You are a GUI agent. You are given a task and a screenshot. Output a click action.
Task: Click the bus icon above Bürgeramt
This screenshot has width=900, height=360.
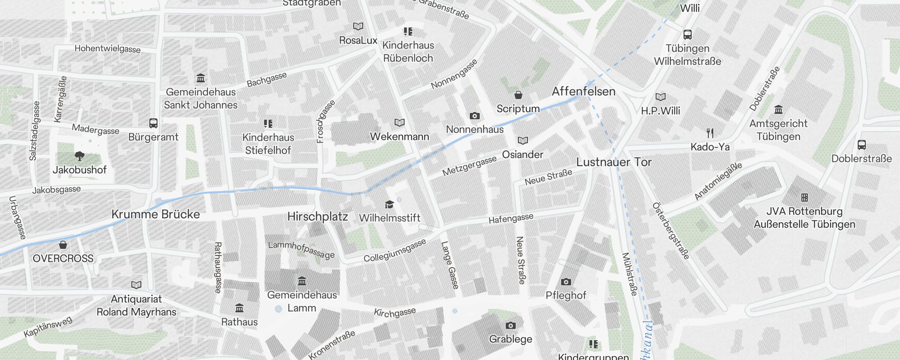point(153,123)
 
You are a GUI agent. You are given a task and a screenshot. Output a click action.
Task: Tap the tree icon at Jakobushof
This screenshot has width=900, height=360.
point(80,156)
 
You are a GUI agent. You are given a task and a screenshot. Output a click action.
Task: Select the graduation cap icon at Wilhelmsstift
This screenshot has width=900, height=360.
point(389,205)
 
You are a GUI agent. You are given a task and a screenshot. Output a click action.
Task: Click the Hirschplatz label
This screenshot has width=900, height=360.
point(318,216)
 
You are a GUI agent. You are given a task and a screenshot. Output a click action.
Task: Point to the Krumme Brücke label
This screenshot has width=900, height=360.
point(155,214)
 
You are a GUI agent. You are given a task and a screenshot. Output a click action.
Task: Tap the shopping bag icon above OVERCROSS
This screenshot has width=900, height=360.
point(63,245)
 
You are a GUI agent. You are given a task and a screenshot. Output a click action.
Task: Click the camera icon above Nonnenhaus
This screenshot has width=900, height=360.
point(474,116)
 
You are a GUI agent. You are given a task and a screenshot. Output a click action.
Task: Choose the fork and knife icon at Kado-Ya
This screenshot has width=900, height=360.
point(710,133)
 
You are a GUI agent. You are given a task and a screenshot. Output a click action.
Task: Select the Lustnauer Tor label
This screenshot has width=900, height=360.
point(614,162)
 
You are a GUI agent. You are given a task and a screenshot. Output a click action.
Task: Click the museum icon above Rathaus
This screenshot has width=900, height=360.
point(239,308)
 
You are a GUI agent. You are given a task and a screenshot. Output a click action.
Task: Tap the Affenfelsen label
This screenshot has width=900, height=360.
point(584,91)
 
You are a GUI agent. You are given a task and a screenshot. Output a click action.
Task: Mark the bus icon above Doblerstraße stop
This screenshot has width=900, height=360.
point(861,145)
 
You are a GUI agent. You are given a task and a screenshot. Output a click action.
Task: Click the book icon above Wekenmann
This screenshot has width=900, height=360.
point(399,122)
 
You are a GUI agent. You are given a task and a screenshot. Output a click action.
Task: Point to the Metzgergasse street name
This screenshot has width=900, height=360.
point(469,166)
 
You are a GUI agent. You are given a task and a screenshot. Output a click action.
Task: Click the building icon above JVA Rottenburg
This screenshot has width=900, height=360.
point(804,197)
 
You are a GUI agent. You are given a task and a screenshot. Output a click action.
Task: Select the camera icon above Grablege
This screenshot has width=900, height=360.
point(510,325)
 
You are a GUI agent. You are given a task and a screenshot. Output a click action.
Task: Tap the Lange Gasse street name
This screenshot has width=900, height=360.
point(450,265)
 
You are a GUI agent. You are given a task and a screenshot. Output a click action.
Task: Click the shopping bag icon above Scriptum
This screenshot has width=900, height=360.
point(518,95)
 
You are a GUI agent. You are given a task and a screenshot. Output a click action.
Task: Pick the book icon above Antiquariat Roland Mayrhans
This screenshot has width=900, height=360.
point(136,285)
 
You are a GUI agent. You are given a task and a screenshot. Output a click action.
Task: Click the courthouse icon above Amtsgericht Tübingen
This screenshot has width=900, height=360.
point(778,110)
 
